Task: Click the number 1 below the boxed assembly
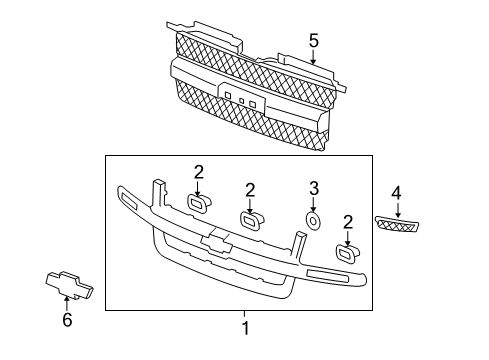tap(244, 326)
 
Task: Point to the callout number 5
tap(313, 41)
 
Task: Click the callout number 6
tap(68, 321)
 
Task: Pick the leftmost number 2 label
tap(198, 171)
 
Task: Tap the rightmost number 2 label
tap(347, 221)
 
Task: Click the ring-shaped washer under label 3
tap(312, 221)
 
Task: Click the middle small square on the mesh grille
tap(241, 100)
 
